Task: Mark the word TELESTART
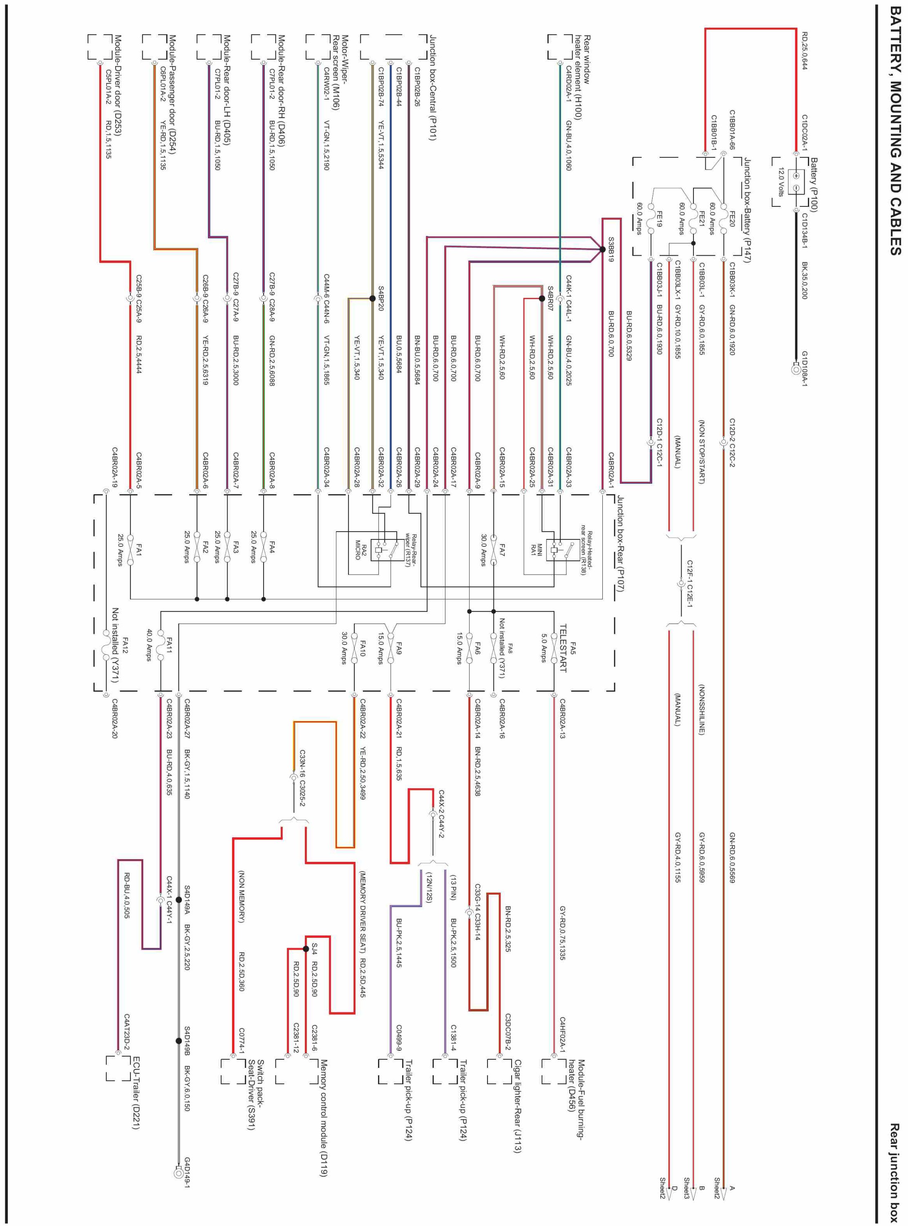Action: pyautogui.click(x=562, y=649)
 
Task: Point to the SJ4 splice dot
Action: pyautogui.click(x=306, y=949)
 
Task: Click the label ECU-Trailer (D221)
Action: pyautogui.click(x=136, y=1093)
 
